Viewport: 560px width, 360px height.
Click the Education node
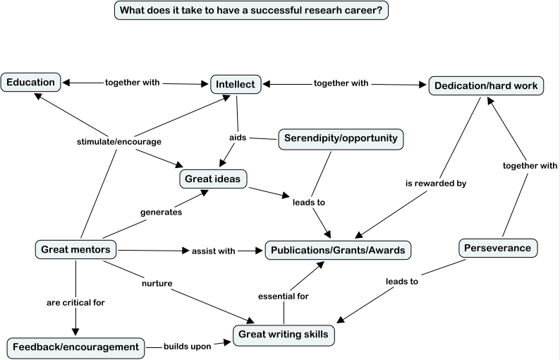pos(30,83)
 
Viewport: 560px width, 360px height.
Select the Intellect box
pos(236,84)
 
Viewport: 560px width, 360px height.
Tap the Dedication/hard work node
pos(486,86)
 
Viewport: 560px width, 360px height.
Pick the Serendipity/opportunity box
pos(341,138)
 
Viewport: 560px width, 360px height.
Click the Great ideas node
pos(213,179)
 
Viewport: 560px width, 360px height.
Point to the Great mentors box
pos(75,248)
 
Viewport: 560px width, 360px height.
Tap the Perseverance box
pos(499,248)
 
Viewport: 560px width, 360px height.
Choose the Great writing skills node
pos(284,335)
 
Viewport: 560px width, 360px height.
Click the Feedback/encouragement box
pos(75,347)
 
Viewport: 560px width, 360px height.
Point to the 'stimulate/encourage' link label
pos(119,141)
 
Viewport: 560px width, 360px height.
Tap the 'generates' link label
pos(162,211)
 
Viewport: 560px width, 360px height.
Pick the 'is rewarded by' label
pos(436,184)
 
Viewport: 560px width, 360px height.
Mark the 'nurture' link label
pos(156,284)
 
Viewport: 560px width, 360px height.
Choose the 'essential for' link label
pos(283,296)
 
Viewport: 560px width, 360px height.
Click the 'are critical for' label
pos(75,303)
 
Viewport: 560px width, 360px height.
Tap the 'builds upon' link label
pos(187,347)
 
